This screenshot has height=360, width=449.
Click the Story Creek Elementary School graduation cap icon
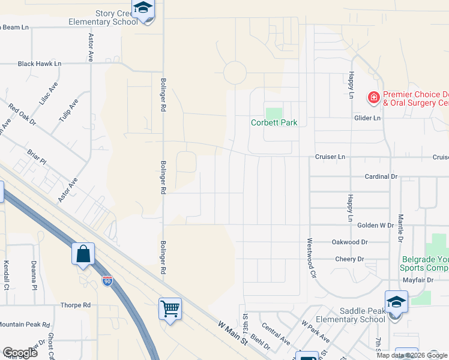[x=143, y=8]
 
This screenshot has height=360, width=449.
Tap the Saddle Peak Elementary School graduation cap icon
[x=396, y=302]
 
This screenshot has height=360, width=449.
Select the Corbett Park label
[x=274, y=123]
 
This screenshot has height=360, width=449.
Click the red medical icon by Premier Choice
[x=373, y=97]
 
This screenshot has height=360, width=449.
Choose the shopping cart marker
[x=170, y=308]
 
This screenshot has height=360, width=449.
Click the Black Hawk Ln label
[x=40, y=63]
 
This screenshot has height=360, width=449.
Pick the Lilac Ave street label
[x=48, y=94]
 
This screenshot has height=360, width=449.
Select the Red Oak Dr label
[x=22, y=115]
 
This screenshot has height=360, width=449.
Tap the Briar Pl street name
[x=37, y=155]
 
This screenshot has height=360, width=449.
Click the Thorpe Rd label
[x=75, y=305]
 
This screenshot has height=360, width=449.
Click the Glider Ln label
[x=369, y=118]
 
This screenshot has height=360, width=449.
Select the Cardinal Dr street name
[x=382, y=176]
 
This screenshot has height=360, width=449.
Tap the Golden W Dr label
[x=375, y=225]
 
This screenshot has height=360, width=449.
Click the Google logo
[x=20, y=353]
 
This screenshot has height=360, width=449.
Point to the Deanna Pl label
[x=34, y=274]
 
